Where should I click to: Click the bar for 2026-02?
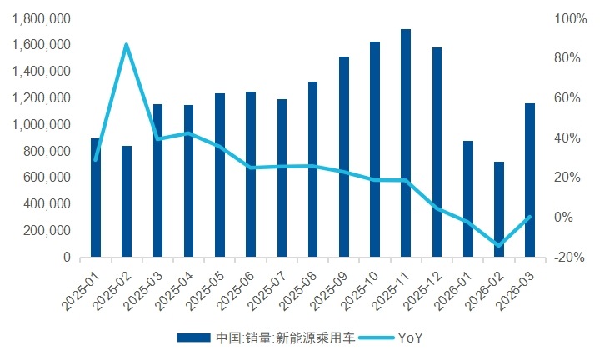click(499, 209)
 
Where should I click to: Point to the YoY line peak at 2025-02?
click(127, 44)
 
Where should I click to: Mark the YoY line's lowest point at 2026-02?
click(499, 246)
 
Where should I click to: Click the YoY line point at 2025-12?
click(437, 208)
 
